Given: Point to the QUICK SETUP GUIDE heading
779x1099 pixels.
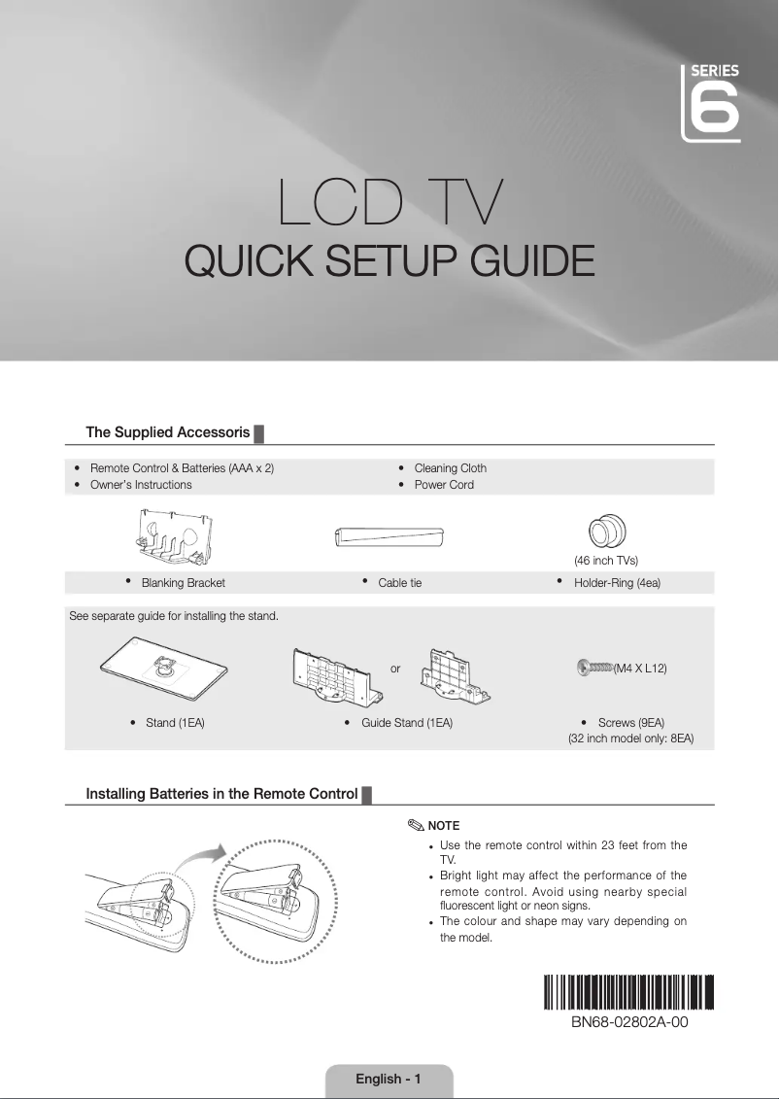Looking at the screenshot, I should (x=389, y=260).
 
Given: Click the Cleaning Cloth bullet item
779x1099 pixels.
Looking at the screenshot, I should (x=450, y=467).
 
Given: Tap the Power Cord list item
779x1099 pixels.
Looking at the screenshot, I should (x=444, y=484).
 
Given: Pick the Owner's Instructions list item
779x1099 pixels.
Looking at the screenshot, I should (x=140, y=484).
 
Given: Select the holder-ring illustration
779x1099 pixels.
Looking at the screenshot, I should (x=606, y=532).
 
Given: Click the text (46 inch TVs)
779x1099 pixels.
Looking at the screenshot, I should (x=605, y=561).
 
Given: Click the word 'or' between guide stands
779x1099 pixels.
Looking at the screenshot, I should (x=395, y=669).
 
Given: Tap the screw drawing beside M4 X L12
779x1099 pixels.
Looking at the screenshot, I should (x=594, y=667).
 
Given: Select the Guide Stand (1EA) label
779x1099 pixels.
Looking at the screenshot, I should (x=407, y=723).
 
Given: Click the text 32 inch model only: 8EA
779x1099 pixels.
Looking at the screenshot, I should (x=630, y=739).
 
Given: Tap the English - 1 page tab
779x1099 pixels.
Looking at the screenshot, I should (x=389, y=1079).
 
